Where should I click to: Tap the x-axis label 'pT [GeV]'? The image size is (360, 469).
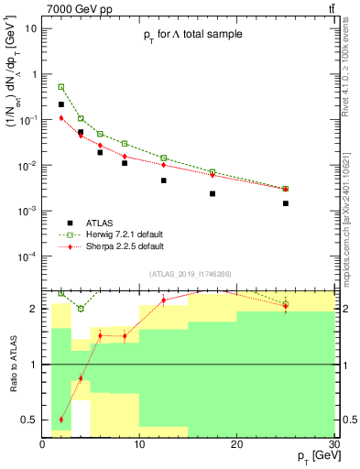[311, 455]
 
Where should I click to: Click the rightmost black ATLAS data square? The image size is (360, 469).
[286, 203]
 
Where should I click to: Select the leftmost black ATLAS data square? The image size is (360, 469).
[61, 104]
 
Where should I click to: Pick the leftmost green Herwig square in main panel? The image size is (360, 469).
[61, 87]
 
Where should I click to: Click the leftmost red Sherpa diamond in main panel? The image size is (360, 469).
[61, 118]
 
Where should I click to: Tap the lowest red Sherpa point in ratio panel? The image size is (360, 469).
[61, 420]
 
